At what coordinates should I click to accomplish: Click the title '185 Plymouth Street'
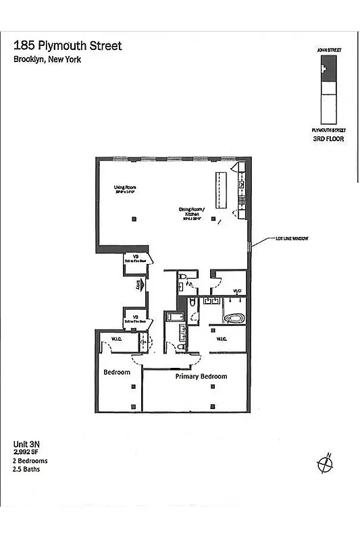68,46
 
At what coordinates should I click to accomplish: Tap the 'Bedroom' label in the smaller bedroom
116,372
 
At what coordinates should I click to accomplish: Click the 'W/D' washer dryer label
237,291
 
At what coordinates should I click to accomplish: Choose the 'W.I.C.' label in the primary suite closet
221,339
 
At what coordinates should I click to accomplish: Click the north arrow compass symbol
326,464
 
